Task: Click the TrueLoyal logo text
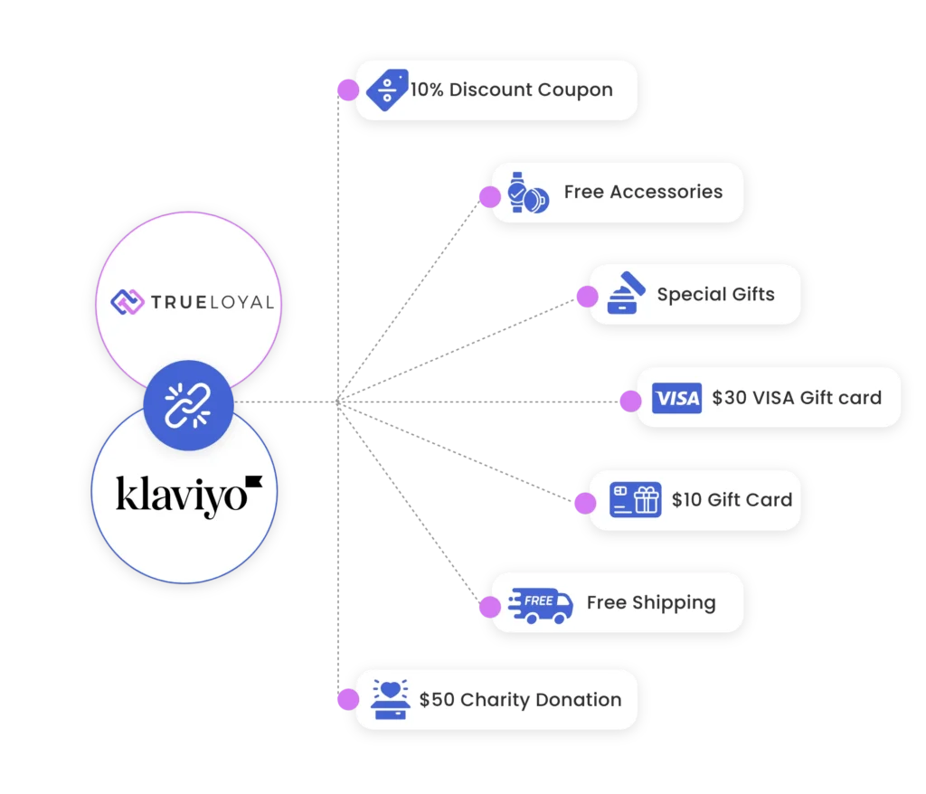pos(211,302)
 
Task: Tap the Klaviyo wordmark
pos(184,496)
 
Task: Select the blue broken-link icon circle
pos(188,405)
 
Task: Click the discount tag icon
pos(387,90)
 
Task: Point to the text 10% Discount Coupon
pos(512,90)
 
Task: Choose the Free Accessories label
pos(643,192)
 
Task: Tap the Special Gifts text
pos(715,295)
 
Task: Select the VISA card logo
pos(676,398)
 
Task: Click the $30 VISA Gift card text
pos(796,398)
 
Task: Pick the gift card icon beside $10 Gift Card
pos(634,500)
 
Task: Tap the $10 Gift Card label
pos(732,500)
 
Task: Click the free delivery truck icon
pos(540,603)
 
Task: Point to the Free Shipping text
pos(650,603)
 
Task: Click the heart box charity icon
pos(391,699)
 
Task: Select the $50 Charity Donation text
pos(520,700)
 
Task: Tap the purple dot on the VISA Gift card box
pos(628,401)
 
